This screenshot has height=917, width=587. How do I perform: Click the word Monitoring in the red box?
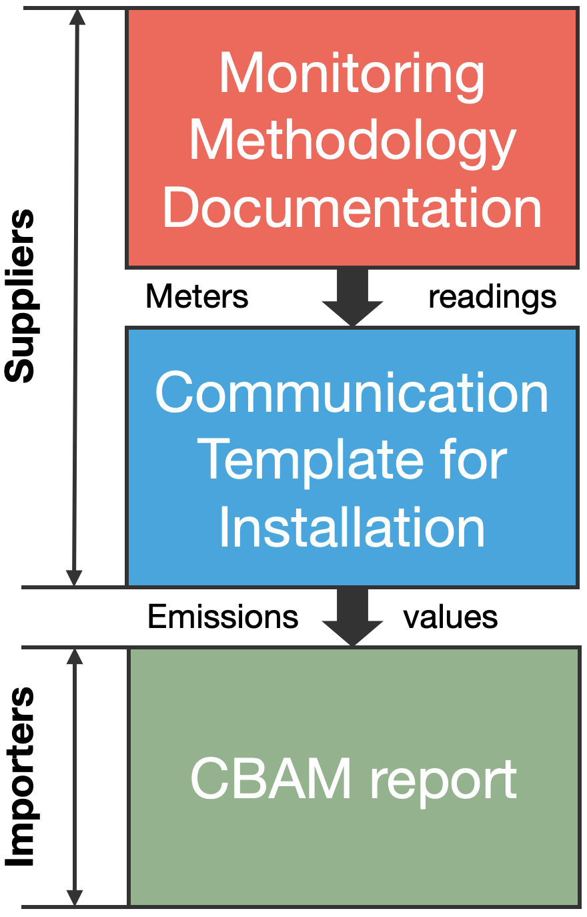tap(352, 77)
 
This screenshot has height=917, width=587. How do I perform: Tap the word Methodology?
tap(353, 143)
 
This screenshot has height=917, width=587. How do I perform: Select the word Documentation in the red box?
tap(352, 207)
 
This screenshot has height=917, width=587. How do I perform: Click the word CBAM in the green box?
tap(271, 778)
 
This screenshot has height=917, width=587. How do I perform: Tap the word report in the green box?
tap(444, 782)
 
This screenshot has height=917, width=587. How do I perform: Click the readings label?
tap(492, 298)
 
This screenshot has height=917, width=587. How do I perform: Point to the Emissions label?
tap(223, 617)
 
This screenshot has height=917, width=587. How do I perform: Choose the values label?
tap(450, 617)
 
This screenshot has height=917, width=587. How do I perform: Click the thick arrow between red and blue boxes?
tap(352, 297)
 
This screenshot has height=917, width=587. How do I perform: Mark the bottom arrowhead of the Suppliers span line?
tap(74, 577)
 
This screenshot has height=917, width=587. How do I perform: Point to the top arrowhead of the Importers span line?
tap(75, 656)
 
